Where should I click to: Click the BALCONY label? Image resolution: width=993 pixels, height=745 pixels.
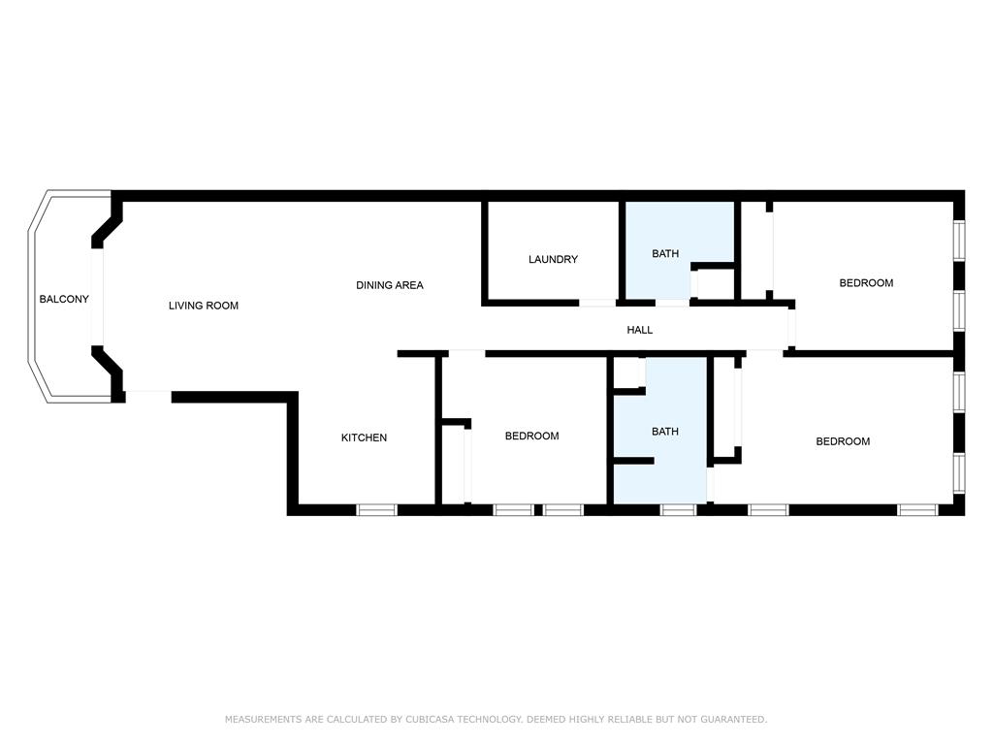point(64,299)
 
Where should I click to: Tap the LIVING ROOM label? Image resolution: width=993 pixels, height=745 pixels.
point(204,306)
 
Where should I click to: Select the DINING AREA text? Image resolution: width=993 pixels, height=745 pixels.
point(390,285)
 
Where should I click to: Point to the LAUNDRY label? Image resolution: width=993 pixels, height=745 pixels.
point(553,259)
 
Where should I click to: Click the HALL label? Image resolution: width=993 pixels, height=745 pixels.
point(640,330)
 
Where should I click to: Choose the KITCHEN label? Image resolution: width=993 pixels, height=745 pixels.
point(364,437)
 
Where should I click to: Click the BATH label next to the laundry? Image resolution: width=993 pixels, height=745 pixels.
point(665,253)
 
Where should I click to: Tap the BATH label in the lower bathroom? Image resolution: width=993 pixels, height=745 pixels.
point(665,432)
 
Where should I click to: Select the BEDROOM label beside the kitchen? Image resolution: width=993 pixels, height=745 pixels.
point(532,436)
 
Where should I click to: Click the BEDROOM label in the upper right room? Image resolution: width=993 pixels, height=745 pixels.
point(866,282)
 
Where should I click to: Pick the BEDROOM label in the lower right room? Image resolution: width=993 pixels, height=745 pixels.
point(843,441)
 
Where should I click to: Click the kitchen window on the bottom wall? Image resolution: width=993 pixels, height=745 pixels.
point(376,509)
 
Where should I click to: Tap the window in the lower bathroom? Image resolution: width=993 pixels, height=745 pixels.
point(678,509)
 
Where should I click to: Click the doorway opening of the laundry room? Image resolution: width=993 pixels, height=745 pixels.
point(597,303)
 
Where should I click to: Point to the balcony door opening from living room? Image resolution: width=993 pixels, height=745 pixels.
point(97,297)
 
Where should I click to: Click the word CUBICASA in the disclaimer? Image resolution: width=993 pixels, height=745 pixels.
point(430,719)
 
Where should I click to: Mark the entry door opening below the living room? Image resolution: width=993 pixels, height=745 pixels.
point(148,397)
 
